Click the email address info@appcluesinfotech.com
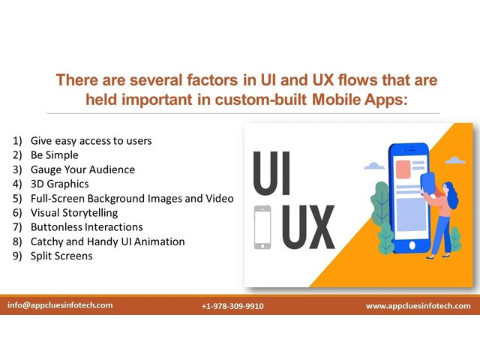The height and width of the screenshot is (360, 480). click(60, 305)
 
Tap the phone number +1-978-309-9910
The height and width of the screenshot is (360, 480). click(232, 306)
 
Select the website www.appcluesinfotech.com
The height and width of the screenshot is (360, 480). click(418, 306)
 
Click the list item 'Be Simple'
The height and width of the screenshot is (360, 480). click(55, 155)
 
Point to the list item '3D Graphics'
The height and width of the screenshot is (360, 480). click(60, 184)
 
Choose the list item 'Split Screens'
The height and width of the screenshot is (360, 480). click(61, 256)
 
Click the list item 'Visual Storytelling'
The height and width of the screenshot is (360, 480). click(74, 213)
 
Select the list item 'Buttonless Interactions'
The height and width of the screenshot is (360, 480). click(87, 227)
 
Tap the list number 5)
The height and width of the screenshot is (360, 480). click(17, 199)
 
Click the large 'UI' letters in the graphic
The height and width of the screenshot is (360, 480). click(271, 173)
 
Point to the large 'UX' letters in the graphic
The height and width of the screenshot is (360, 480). click(308, 226)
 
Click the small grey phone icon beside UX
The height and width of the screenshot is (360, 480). click(262, 227)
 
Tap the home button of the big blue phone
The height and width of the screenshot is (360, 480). click(412, 245)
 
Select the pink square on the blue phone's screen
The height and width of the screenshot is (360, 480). click(403, 169)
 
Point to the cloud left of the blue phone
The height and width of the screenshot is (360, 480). click(374, 166)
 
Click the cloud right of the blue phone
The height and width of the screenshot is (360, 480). click(455, 160)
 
